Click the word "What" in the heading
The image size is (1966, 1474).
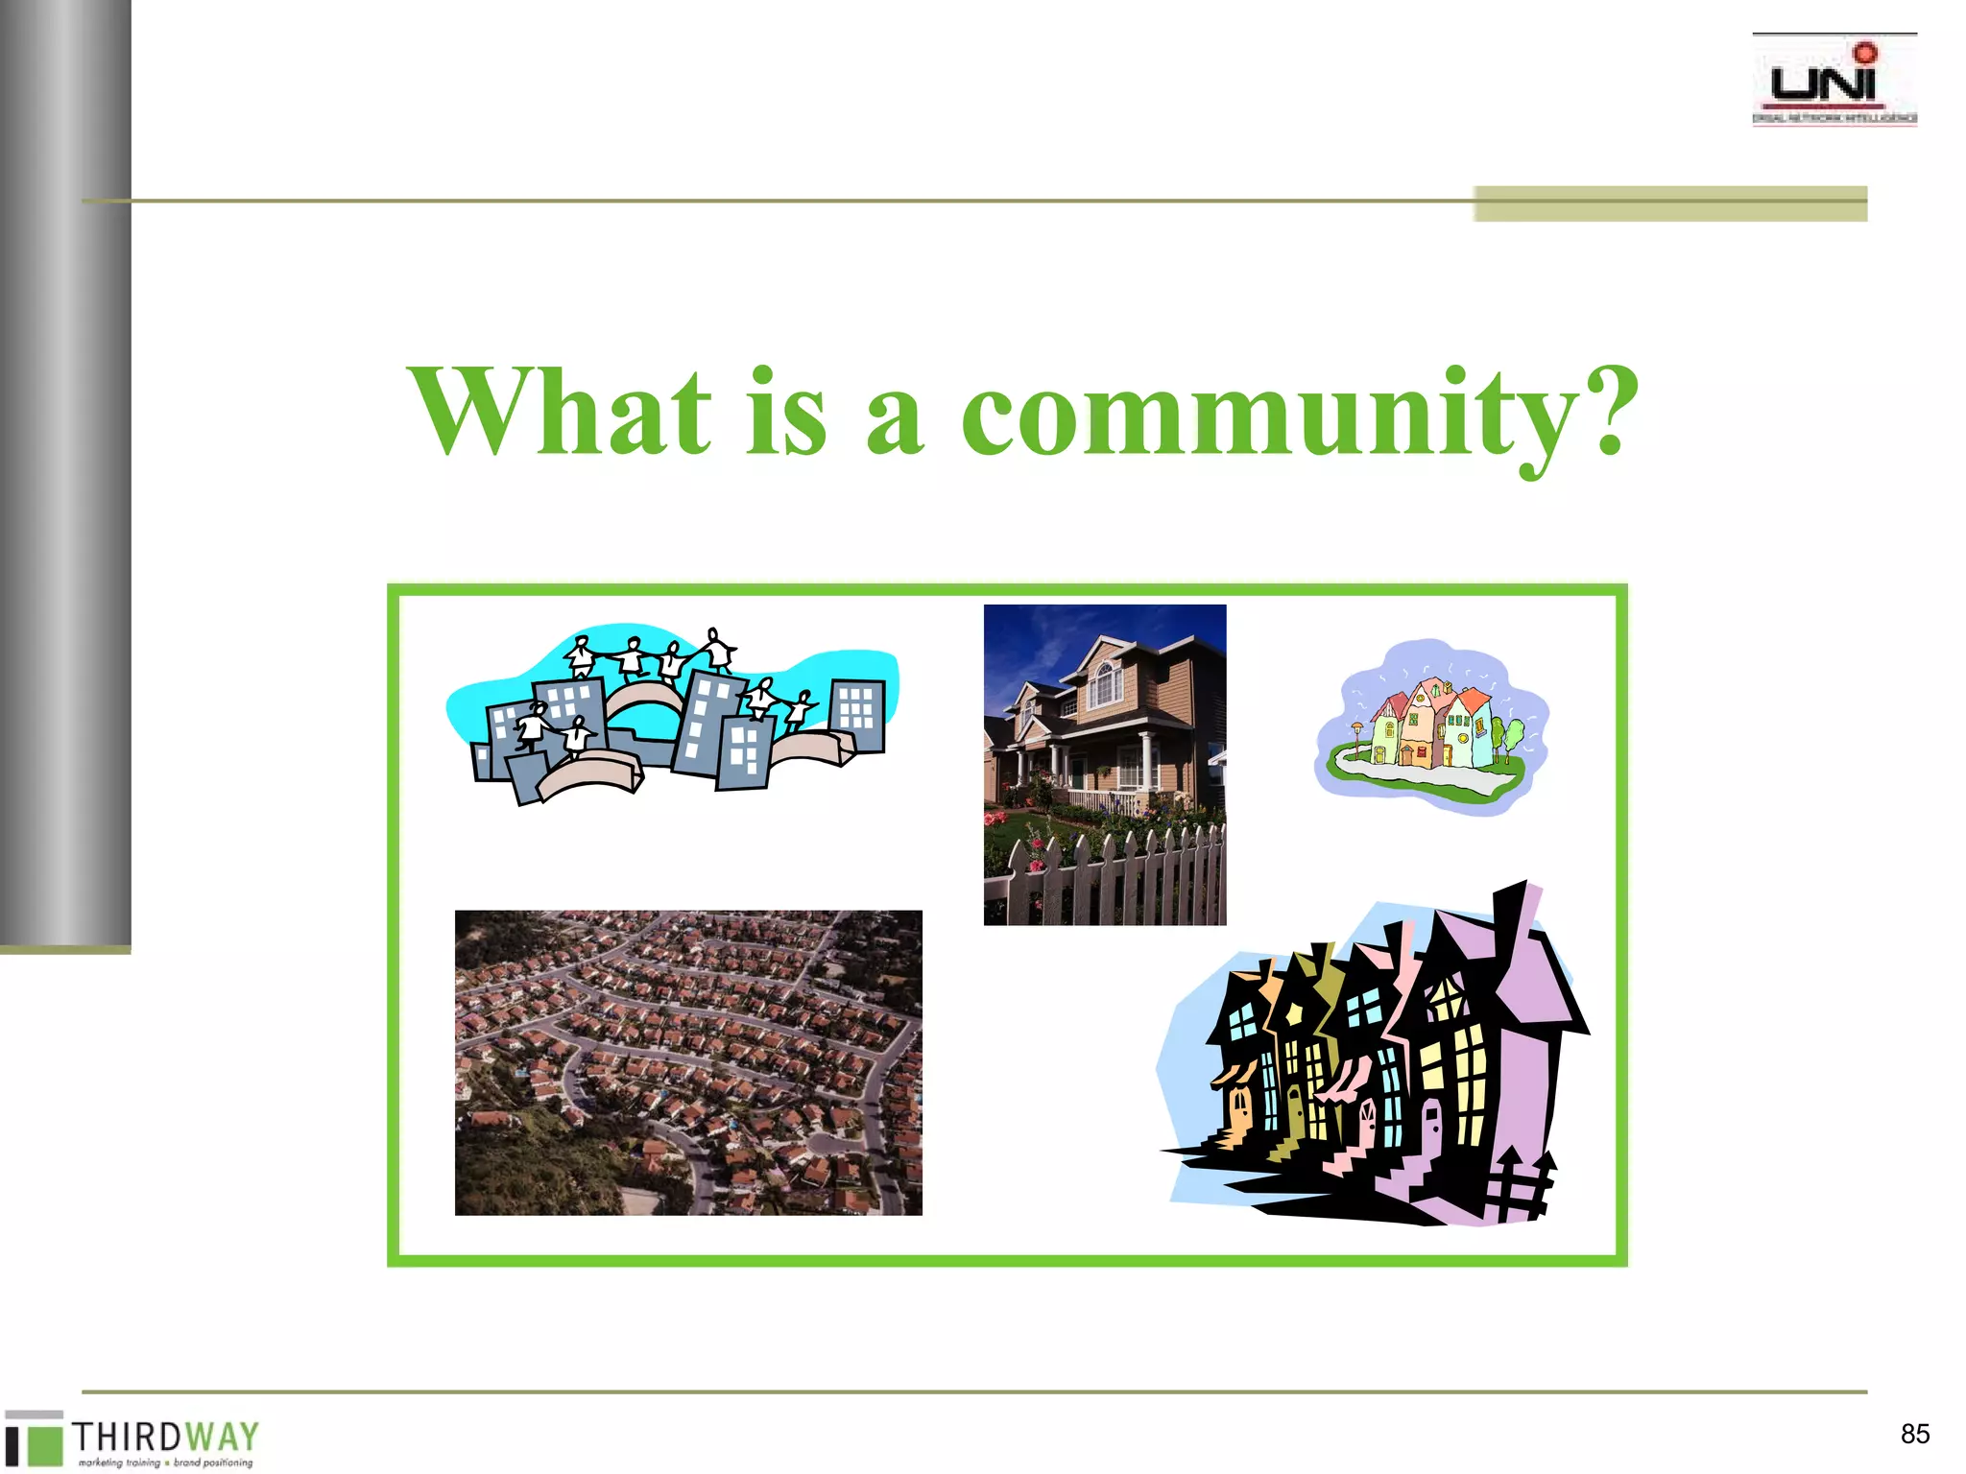561,413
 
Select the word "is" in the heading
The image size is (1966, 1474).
785,413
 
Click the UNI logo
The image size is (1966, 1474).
1834,81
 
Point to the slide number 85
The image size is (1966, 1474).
1914,1434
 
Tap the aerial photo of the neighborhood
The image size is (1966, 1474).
688,1062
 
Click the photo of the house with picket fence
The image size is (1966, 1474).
1104,764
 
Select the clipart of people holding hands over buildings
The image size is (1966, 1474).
672,715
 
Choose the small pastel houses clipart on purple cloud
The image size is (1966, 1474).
1430,726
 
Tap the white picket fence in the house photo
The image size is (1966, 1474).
1114,878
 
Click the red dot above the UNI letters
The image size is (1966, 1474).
1864,52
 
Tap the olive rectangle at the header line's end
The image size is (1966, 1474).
1670,203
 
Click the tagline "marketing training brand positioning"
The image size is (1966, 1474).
165,1462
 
